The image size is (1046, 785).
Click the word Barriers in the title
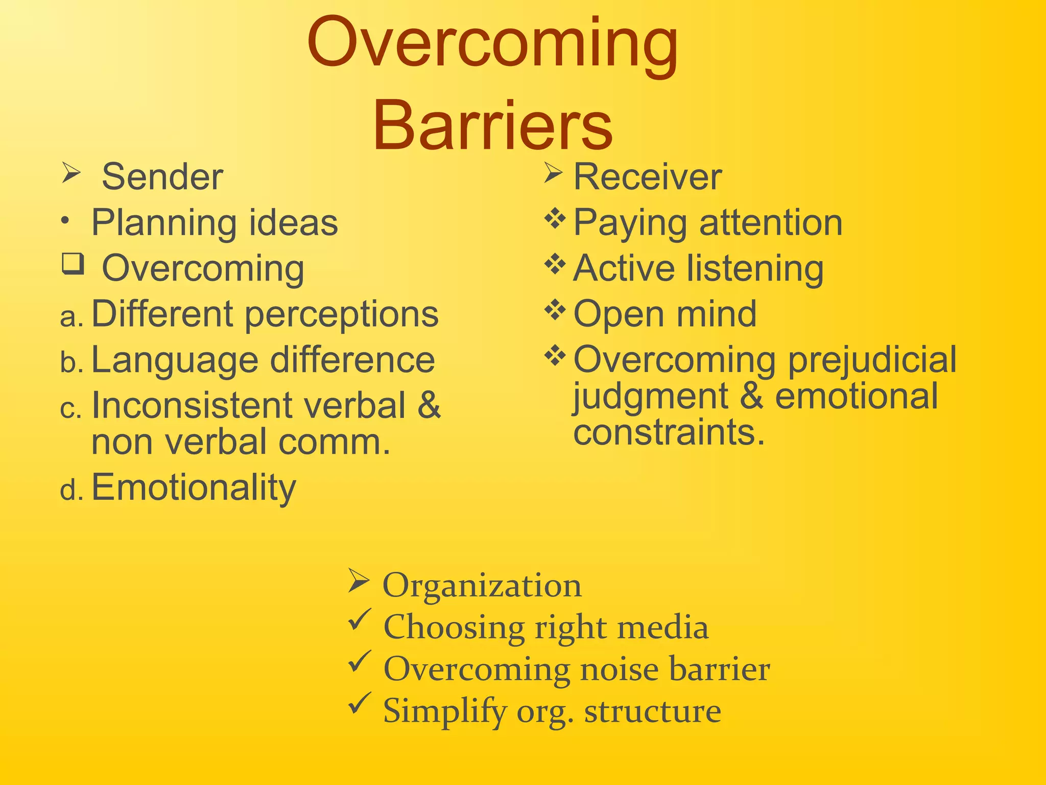click(x=493, y=126)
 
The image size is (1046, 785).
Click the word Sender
click(x=162, y=177)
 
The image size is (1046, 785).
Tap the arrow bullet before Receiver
click(x=553, y=173)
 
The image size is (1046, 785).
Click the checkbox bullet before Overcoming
click(x=73, y=264)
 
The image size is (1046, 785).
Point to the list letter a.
click(x=71, y=317)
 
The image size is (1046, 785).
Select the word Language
click(x=174, y=360)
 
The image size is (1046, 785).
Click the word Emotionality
click(x=194, y=488)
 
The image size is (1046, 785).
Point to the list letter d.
click(x=71, y=491)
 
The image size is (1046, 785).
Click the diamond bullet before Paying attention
click(x=555, y=219)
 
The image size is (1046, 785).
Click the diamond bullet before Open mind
click(x=555, y=310)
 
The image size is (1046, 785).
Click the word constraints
click(x=669, y=432)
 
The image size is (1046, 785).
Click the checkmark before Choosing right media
click(x=360, y=619)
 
